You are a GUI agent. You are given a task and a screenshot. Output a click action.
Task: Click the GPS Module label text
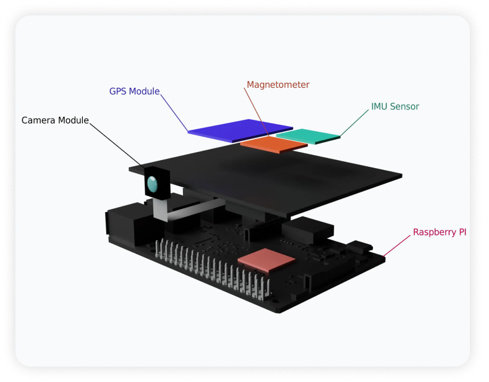(x=134, y=91)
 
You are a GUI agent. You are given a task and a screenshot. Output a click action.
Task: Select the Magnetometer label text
(x=278, y=85)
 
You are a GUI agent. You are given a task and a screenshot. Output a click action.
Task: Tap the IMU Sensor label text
(x=394, y=106)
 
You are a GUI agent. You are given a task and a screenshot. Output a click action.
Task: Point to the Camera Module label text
(x=55, y=120)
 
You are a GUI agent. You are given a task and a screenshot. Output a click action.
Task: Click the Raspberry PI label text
(x=440, y=232)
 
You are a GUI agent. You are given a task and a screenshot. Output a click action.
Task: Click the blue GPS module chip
(x=232, y=129)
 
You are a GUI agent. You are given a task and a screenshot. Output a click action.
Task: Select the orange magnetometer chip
(x=273, y=144)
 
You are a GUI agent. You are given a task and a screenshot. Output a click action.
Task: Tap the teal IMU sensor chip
(x=308, y=135)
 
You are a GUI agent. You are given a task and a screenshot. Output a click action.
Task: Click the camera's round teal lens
(x=152, y=183)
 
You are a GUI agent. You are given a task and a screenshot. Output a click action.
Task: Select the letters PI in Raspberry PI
(x=461, y=232)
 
